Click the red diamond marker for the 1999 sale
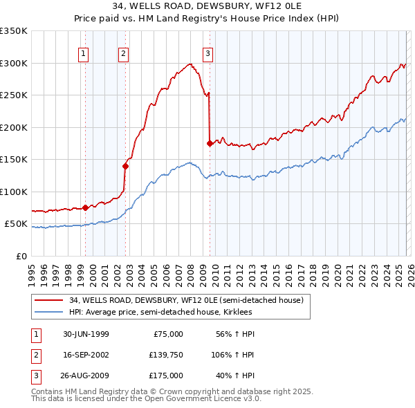86,207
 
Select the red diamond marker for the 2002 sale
125,166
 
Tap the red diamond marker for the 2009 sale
210,143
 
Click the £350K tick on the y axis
14,31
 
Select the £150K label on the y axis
14,160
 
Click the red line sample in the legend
48,300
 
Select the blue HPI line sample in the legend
48,312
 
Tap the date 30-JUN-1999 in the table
86,334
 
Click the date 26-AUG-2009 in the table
86,375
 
